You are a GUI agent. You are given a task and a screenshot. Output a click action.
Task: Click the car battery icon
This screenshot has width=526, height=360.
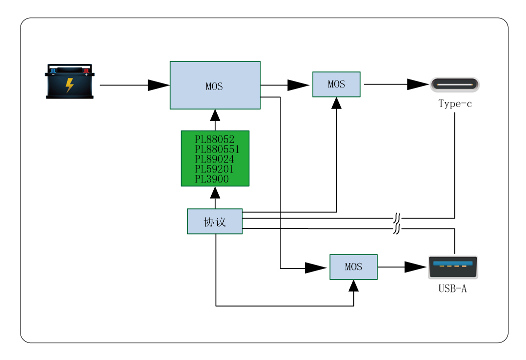tap(70, 81)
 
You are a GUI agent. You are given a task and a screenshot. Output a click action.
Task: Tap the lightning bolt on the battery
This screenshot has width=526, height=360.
tap(70, 85)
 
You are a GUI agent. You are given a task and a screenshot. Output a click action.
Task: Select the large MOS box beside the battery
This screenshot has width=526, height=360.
tap(215, 85)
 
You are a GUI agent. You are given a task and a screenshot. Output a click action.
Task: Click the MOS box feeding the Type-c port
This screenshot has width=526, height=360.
tap(336, 84)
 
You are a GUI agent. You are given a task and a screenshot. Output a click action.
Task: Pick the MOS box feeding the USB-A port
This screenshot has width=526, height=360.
tap(353, 267)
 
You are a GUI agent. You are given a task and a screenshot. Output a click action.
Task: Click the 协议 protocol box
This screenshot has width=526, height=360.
tap(215, 221)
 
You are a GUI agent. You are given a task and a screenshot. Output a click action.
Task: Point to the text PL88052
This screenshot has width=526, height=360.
tap(214, 139)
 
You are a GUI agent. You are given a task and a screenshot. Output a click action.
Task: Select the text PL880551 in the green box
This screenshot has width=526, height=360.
tap(217, 149)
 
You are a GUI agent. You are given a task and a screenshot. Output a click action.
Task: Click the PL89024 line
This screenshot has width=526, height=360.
tap(214, 159)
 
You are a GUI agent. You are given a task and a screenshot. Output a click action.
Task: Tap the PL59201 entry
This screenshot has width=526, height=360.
tap(214, 169)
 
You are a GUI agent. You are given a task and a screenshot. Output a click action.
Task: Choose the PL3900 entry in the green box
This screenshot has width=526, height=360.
tap(211, 179)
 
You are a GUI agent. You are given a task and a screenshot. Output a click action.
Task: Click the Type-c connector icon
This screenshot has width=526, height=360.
tap(454, 84)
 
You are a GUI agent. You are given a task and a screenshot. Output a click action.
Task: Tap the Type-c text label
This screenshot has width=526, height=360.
tap(455, 104)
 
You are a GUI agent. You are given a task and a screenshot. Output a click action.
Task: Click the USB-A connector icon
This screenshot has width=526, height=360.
tap(453, 267)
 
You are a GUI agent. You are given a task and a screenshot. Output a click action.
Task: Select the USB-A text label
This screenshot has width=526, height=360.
tap(452, 288)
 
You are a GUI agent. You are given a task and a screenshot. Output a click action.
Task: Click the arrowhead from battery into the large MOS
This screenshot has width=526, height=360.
tap(159, 85)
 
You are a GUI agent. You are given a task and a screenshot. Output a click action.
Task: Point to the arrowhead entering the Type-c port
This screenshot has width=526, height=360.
tap(418, 84)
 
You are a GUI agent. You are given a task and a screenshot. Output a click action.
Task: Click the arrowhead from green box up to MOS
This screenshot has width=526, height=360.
tap(215, 115)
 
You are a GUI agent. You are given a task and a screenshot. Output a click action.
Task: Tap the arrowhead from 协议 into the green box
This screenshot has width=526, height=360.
tap(215, 193)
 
